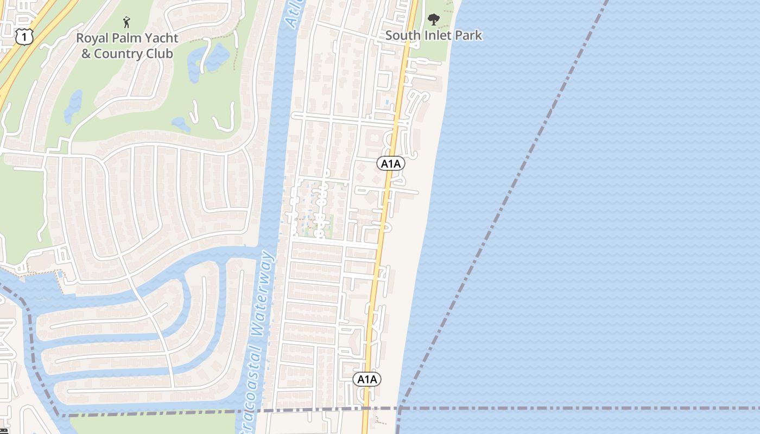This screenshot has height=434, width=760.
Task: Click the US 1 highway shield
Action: pos(24,36)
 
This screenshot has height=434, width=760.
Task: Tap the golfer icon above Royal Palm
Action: pos(126,22)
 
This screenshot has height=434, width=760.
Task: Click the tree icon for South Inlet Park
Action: pos(433,20)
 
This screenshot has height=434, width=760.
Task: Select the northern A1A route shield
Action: pos(390,163)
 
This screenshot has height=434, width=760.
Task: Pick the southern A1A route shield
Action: pos(367,379)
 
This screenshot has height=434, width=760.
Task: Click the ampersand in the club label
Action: pos(86,54)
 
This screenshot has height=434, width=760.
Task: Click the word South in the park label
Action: pos(402,36)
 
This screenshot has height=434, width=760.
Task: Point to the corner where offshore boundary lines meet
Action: pos(400,408)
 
